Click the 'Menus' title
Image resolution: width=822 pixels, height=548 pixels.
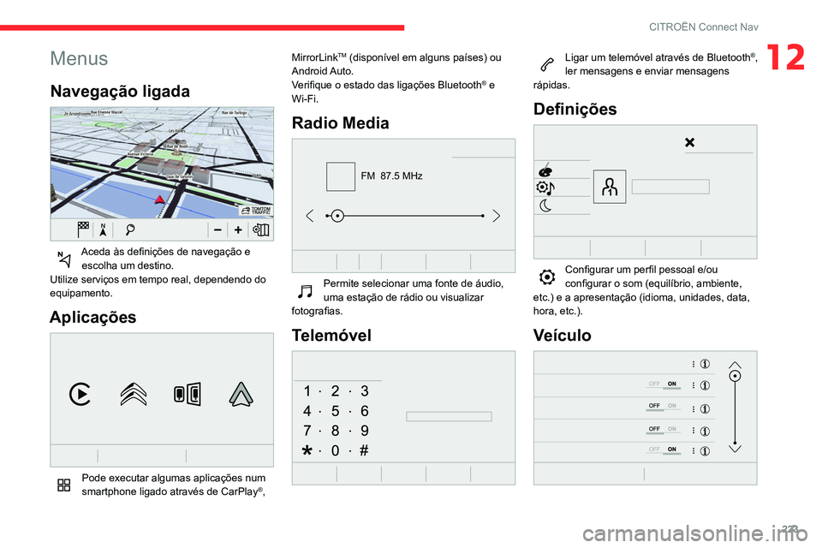[79, 59]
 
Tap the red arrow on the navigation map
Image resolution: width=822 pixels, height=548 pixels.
[159, 200]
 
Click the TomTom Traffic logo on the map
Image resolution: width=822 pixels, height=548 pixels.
[255, 210]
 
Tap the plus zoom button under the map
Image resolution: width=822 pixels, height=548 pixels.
[237, 229]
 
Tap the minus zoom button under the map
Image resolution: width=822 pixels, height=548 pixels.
[218, 229]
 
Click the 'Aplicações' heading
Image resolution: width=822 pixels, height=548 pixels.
[92, 317]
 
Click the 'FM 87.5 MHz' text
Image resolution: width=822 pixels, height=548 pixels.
[391, 176]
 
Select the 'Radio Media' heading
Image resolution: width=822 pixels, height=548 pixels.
[340, 122]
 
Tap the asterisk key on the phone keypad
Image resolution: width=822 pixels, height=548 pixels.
[307, 450]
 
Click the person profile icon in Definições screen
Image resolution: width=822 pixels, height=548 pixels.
[609, 187]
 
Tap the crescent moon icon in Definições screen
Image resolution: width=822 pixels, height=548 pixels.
[545, 205]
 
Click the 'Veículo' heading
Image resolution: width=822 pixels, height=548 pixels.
[561, 335]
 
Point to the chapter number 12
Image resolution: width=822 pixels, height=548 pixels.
[786, 58]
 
